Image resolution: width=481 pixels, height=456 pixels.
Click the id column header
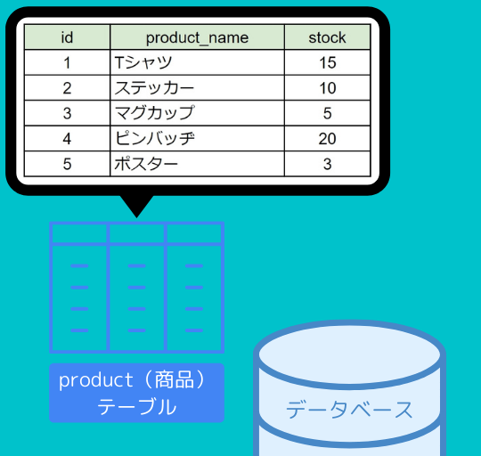point(67,37)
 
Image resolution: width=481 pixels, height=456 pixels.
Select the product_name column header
point(197,37)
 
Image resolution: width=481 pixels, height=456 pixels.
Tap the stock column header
point(327,37)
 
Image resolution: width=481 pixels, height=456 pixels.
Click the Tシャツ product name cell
point(197,62)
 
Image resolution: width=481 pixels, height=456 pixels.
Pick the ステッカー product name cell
point(197,88)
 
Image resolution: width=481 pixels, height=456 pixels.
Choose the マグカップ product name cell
point(197,113)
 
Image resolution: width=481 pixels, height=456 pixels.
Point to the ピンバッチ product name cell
point(197,139)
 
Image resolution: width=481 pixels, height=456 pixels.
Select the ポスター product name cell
point(197,164)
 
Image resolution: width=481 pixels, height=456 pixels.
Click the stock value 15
point(328,62)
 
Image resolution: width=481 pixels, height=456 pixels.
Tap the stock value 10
point(328,88)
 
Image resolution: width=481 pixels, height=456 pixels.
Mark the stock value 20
point(327,139)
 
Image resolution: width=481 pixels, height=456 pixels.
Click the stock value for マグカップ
point(327,113)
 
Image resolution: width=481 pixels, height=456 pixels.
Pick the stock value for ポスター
point(327,164)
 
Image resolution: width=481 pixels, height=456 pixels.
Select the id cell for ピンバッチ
point(67,139)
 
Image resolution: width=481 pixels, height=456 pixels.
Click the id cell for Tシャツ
point(67,62)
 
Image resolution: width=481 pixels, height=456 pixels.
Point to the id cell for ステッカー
point(67,88)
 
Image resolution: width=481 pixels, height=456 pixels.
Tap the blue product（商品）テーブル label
point(137,393)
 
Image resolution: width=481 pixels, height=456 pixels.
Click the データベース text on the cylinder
point(349,410)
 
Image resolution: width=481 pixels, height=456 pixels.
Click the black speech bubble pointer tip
point(137,217)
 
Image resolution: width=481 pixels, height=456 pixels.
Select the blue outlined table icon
point(137,288)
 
